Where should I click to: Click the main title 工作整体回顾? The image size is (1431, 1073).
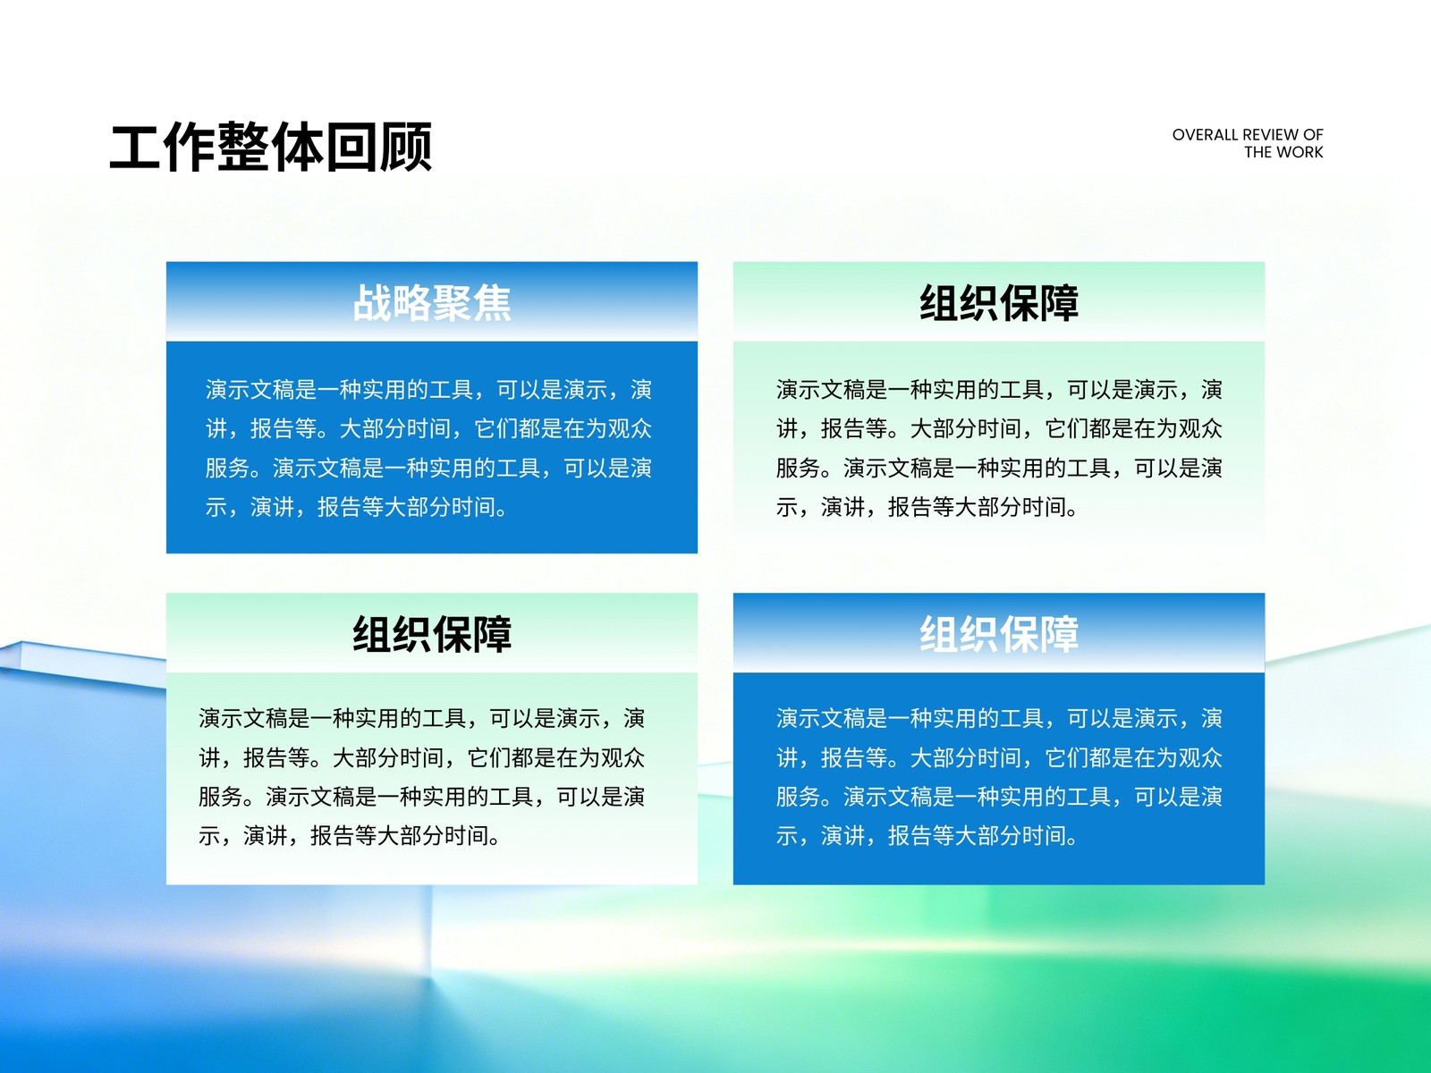[x=271, y=147]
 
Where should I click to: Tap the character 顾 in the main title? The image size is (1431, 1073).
[x=406, y=147]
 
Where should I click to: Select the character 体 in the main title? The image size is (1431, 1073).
[x=297, y=147]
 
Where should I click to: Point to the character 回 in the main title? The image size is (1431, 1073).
[x=351, y=147]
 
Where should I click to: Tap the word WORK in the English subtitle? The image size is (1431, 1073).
[x=1301, y=152]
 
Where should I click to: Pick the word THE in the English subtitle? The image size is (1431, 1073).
[x=1259, y=152]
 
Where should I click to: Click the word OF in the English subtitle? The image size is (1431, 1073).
[x=1313, y=135]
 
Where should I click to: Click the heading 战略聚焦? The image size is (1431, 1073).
[x=432, y=303]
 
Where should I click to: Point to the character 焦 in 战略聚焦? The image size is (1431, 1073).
[x=492, y=303]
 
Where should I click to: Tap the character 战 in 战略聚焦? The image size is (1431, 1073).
[x=372, y=303]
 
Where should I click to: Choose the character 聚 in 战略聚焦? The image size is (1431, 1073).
[x=452, y=303]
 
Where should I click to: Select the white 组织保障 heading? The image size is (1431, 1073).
[x=999, y=634]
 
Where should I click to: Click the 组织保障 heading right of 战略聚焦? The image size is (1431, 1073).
[x=999, y=303]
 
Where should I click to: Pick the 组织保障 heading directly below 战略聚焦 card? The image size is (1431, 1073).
[x=432, y=634]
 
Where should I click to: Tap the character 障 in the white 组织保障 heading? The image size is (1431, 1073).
[x=1060, y=634]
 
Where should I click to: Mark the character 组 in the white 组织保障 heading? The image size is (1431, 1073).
[x=939, y=634]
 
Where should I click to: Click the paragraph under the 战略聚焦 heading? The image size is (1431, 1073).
[x=429, y=448]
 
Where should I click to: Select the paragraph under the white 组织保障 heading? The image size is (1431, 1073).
[x=999, y=777]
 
